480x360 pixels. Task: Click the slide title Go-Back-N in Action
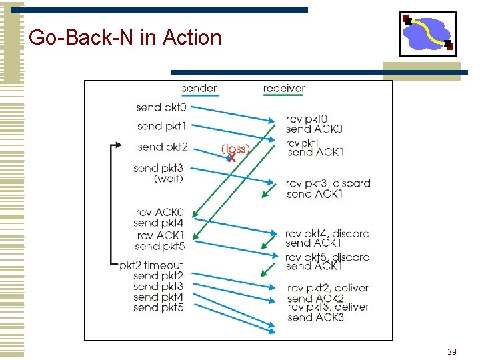(x=125, y=37)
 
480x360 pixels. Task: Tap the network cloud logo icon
(x=428, y=34)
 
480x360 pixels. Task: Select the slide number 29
(x=451, y=351)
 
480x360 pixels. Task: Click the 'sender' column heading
(x=199, y=89)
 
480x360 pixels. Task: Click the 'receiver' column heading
(x=284, y=89)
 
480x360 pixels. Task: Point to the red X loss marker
(x=231, y=159)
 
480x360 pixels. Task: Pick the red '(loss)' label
(x=235, y=149)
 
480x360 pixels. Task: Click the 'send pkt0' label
(x=161, y=107)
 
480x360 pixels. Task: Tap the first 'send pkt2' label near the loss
(x=162, y=147)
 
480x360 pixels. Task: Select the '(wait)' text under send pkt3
(x=169, y=179)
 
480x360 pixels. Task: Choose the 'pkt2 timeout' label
(x=151, y=265)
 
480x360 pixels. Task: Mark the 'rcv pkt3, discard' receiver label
(x=328, y=183)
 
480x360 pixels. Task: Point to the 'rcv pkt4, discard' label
(x=327, y=233)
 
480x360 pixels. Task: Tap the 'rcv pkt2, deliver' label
(x=327, y=288)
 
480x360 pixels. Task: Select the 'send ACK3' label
(x=316, y=318)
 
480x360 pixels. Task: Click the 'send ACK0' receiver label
(x=314, y=129)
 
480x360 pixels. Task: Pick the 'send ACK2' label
(x=316, y=299)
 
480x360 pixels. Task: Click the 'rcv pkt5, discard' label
(x=327, y=257)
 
